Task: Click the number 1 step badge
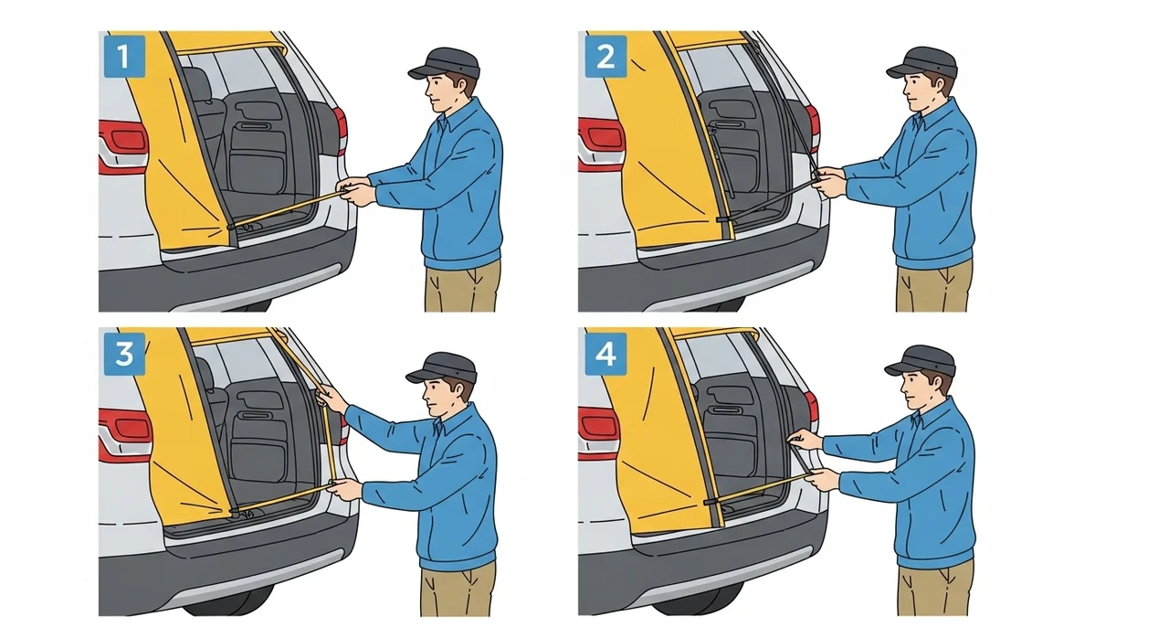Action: pyautogui.click(x=124, y=57)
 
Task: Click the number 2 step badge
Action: pyautogui.click(x=606, y=57)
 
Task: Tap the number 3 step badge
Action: pyautogui.click(x=124, y=354)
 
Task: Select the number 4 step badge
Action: pyautogui.click(x=606, y=354)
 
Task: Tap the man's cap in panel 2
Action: pyautogui.click(x=922, y=63)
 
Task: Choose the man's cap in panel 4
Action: pyautogui.click(x=921, y=361)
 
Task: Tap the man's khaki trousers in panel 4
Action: pyautogui.click(x=933, y=589)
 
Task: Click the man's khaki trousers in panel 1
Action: pyautogui.click(x=462, y=287)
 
